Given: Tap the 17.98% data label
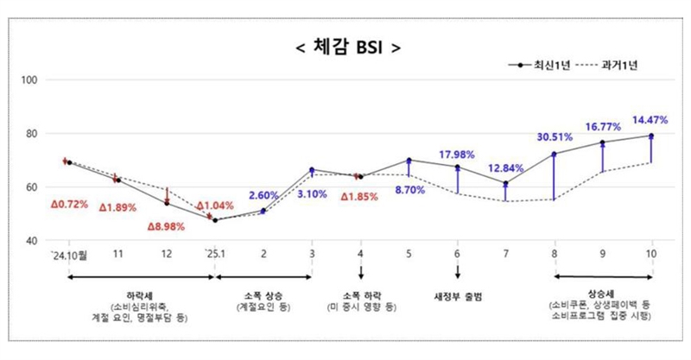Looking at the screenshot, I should click(x=458, y=155).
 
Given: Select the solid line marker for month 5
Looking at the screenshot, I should click(x=409, y=160).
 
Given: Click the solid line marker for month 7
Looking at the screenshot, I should click(x=506, y=183).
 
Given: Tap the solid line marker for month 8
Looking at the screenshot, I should click(x=555, y=154).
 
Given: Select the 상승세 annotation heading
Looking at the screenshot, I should click(x=603, y=294).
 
